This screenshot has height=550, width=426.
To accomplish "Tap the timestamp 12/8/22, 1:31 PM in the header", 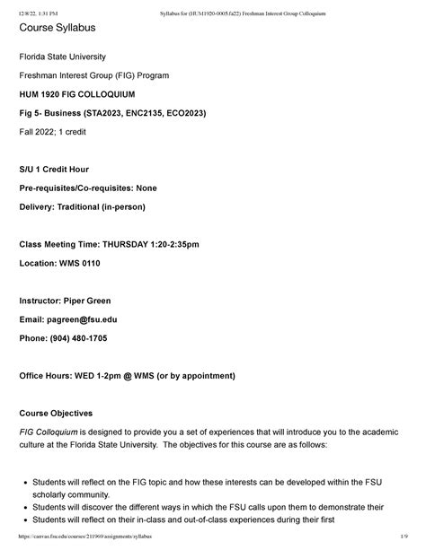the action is [x=32, y=6].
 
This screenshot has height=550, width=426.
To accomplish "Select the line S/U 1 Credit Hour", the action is [x=63, y=170].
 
